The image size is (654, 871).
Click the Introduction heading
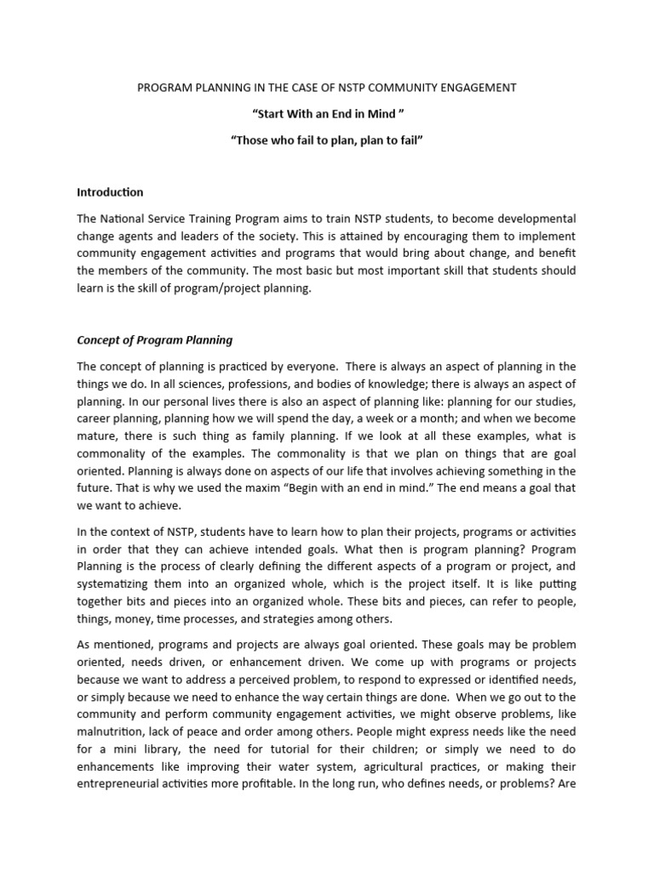[111, 192]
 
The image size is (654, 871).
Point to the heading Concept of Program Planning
[154, 340]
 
